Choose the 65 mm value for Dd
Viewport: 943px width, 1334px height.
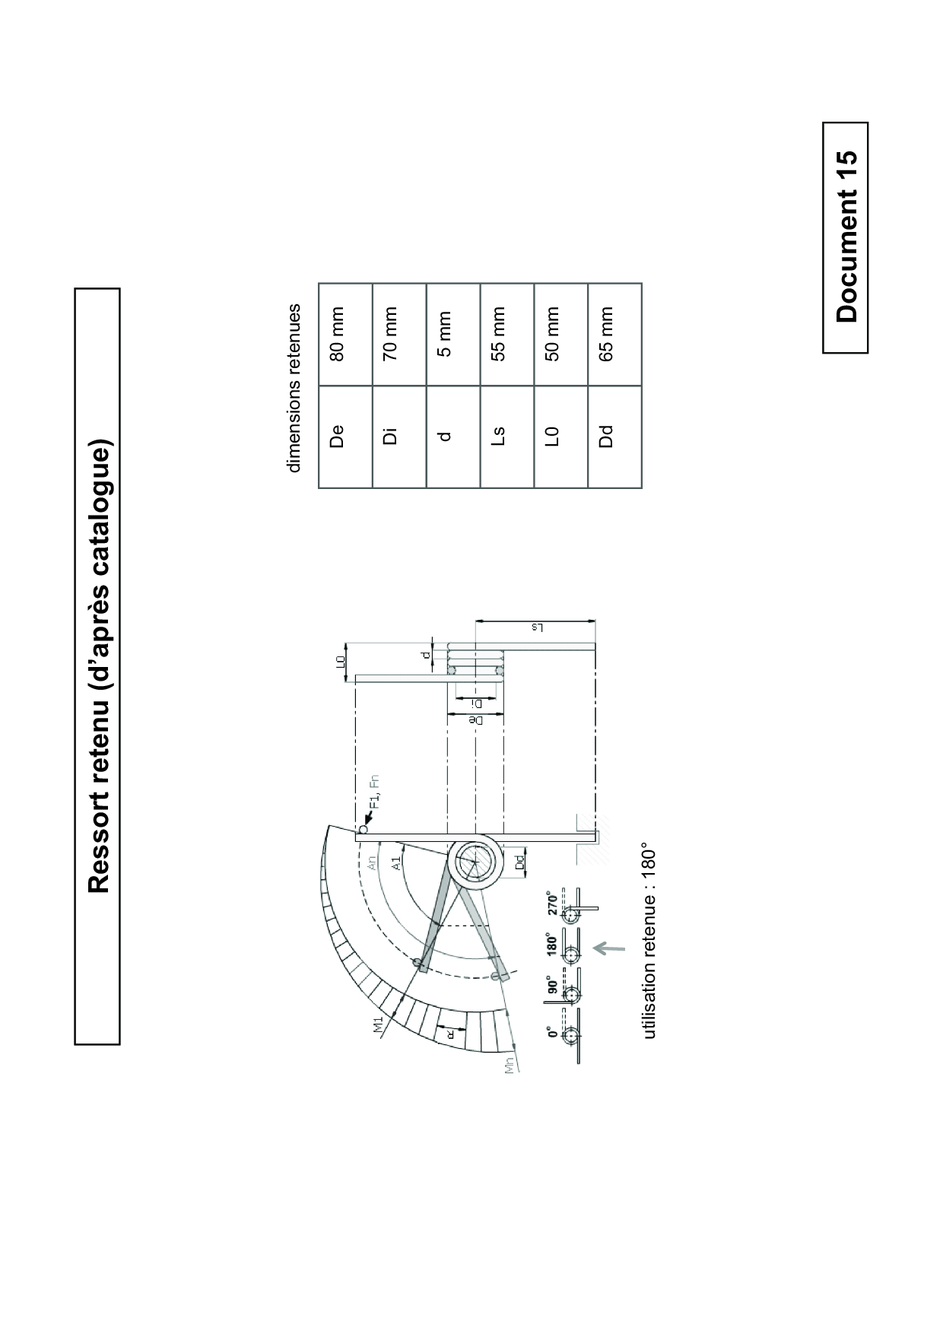coord(607,334)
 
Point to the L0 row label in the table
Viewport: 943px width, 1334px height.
coord(553,437)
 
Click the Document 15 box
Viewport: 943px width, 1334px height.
coord(845,237)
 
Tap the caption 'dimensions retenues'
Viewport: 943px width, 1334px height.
coord(294,388)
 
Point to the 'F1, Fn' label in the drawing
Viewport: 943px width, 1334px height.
coord(374,792)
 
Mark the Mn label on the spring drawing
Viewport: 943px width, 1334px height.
coord(510,1064)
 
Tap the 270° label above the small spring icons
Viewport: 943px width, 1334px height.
coord(554,901)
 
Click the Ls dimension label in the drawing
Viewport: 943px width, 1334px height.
coord(536,628)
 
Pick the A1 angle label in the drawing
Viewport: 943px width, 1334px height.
coord(395,862)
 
